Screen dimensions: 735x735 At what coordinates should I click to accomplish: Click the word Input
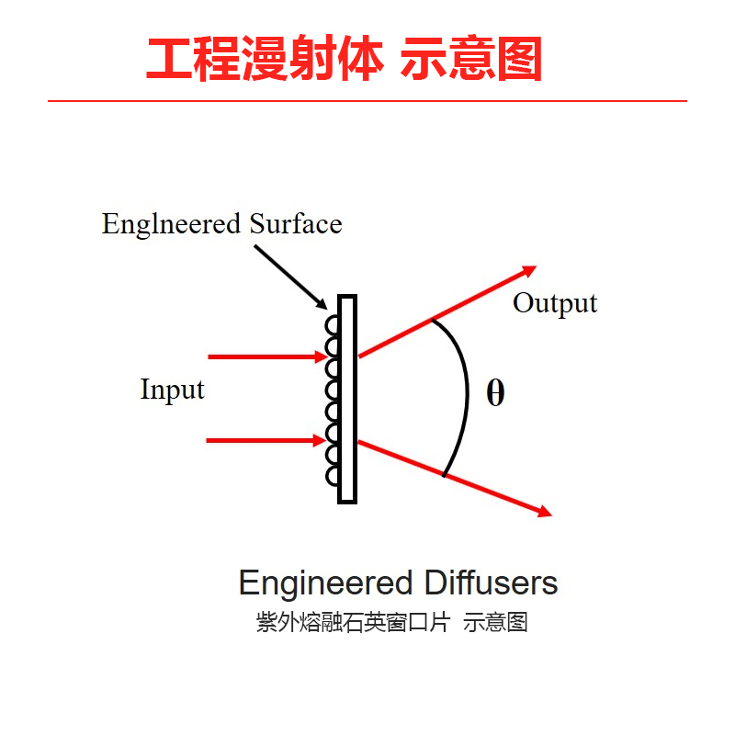click(x=172, y=390)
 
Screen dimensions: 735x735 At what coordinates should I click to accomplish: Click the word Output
click(x=554, y=303)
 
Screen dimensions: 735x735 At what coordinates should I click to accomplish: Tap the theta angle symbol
click(x=495, y=393)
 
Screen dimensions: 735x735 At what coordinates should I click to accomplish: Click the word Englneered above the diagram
click(x=159, y=225)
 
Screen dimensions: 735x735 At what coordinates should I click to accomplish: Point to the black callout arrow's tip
click(x=324, y=307)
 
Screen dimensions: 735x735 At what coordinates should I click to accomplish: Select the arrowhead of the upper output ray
click(x=527, y=270)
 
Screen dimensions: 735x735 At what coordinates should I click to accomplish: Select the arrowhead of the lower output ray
click(x=543, y=512)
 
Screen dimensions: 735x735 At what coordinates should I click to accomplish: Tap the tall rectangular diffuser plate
click(x=346, y=400)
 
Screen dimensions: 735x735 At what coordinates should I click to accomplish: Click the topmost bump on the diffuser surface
click(x=332, y=325)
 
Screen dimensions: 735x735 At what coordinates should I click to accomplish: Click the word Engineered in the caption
click(x=325, y=583)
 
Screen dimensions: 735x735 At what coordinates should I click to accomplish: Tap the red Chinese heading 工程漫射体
click(x=264, y=60)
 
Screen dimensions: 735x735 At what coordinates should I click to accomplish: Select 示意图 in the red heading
click(x=471, y=60)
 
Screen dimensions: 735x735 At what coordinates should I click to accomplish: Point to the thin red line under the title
click(x=367, y=100)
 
